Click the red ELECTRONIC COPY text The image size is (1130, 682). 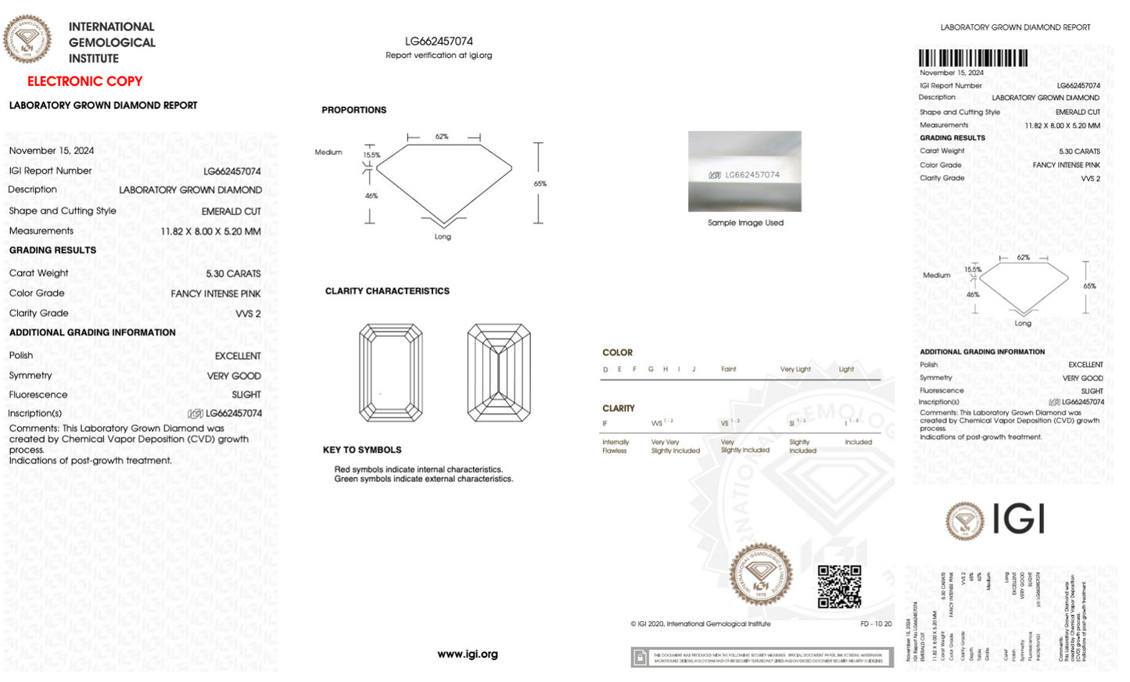84,81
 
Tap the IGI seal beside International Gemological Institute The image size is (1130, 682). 27,38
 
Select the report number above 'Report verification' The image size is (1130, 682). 439,41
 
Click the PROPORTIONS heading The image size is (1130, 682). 353,110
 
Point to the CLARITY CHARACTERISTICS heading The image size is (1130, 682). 387,291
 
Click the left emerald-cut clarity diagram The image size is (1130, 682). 391,373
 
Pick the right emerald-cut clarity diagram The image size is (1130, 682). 499,373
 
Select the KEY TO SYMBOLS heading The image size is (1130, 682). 362,450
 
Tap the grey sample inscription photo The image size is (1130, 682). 744,171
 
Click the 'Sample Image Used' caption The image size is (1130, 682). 745,223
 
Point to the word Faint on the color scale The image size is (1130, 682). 728,369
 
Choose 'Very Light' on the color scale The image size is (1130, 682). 795,369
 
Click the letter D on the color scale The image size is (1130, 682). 605,370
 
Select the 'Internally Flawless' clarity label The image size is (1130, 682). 615,447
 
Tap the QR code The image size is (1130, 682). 839,587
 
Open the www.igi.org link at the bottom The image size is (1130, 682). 468,654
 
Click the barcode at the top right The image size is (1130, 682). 973,58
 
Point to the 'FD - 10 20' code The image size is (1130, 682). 876,624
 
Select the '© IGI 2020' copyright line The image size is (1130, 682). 701,624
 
